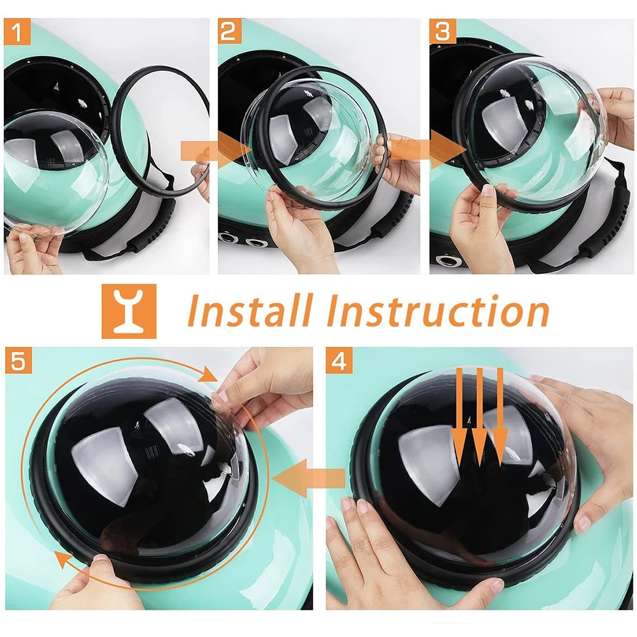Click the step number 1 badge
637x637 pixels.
17,32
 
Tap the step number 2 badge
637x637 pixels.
231,31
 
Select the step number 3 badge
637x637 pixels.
443,31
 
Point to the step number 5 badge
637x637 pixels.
18,361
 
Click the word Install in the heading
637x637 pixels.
250,311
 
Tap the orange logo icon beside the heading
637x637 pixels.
129,311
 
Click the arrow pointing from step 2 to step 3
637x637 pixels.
427,151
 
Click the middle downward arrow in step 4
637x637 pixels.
480,417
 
